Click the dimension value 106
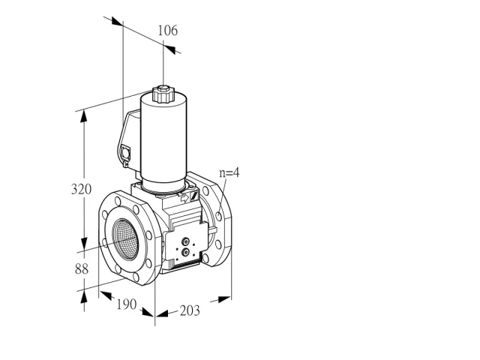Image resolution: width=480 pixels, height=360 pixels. [167, 31]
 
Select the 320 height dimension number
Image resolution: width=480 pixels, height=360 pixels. [81, 189]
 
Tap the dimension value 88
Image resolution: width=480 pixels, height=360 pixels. [82, 269]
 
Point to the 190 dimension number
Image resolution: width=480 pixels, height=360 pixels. [127, 304]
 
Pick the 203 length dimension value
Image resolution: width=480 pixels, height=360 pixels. [190, 310]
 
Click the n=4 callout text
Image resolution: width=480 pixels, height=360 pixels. [229, 172]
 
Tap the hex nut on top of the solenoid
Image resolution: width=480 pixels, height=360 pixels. [163, 89]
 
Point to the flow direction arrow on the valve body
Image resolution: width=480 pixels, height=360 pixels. [184, 198]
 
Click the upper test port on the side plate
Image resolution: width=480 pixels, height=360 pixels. [185, 242]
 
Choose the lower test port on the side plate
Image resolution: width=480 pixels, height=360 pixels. [185, 252]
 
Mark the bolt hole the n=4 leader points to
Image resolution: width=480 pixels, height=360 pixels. [218, 217]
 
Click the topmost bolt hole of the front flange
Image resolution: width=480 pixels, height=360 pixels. [118, 201]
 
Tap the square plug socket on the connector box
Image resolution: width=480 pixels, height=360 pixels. [125, 152]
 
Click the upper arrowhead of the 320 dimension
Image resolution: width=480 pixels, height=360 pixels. [83, 117]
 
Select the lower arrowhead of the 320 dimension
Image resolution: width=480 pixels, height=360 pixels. [83, 244]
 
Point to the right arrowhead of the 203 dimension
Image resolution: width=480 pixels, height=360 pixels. [224, 299]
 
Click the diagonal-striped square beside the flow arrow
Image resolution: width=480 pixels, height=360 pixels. [194, 195]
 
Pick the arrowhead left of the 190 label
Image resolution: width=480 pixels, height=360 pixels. [106, 295]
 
